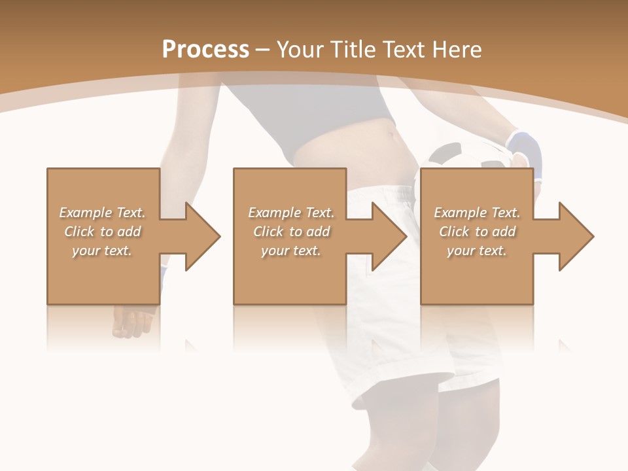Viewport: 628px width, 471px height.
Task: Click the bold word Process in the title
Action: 205,50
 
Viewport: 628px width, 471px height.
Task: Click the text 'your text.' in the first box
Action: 102,251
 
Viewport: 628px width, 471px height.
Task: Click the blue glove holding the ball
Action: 527,150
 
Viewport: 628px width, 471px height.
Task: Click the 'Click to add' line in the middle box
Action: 291,232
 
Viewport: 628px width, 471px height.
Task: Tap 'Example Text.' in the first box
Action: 102,213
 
